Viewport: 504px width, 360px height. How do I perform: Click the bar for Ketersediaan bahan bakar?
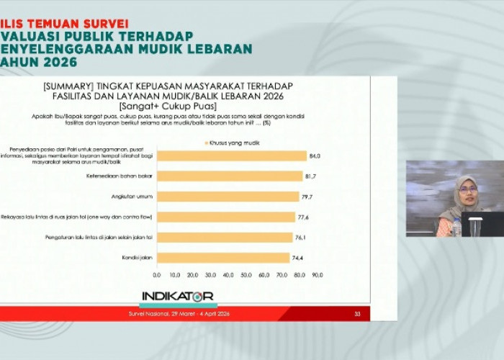pyautogui.click(x=230, y=176)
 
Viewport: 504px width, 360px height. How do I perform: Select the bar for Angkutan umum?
pyautogui.click(x=228, y=196)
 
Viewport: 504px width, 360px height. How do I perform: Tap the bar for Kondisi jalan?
pyautogui.click(x=223, y=257)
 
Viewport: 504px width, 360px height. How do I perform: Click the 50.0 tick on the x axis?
pyautogui.click(x=246, y=275)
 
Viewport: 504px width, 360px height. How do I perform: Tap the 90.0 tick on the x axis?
pyautogui.click(x=317, y=275)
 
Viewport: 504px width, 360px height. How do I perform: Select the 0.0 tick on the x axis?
pyautogui.click(x=157, y=275)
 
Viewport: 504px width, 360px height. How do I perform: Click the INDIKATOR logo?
pyautogui.click(x=177, y=296)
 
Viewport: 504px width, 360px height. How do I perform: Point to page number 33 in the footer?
pyautogui.click(x=357, y=314)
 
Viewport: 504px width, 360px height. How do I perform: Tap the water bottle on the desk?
pyautogui.click(x=456, y=228)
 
